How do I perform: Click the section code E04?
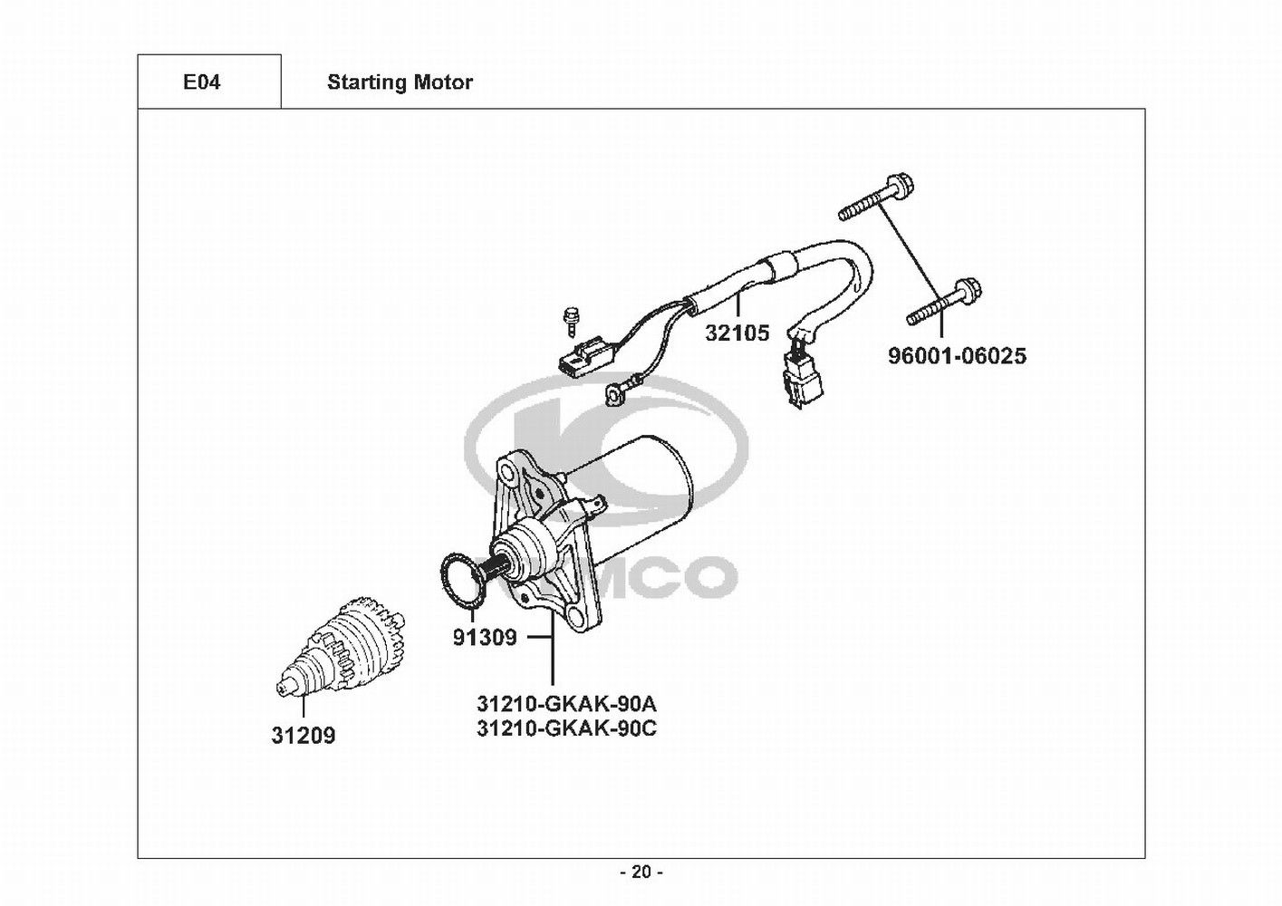201,82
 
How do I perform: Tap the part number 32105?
737,333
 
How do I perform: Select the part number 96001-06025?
957,356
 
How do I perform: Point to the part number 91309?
485,637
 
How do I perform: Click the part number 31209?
304,736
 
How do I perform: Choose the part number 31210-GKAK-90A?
566,702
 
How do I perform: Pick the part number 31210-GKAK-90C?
566,729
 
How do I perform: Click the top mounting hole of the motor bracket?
506,471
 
